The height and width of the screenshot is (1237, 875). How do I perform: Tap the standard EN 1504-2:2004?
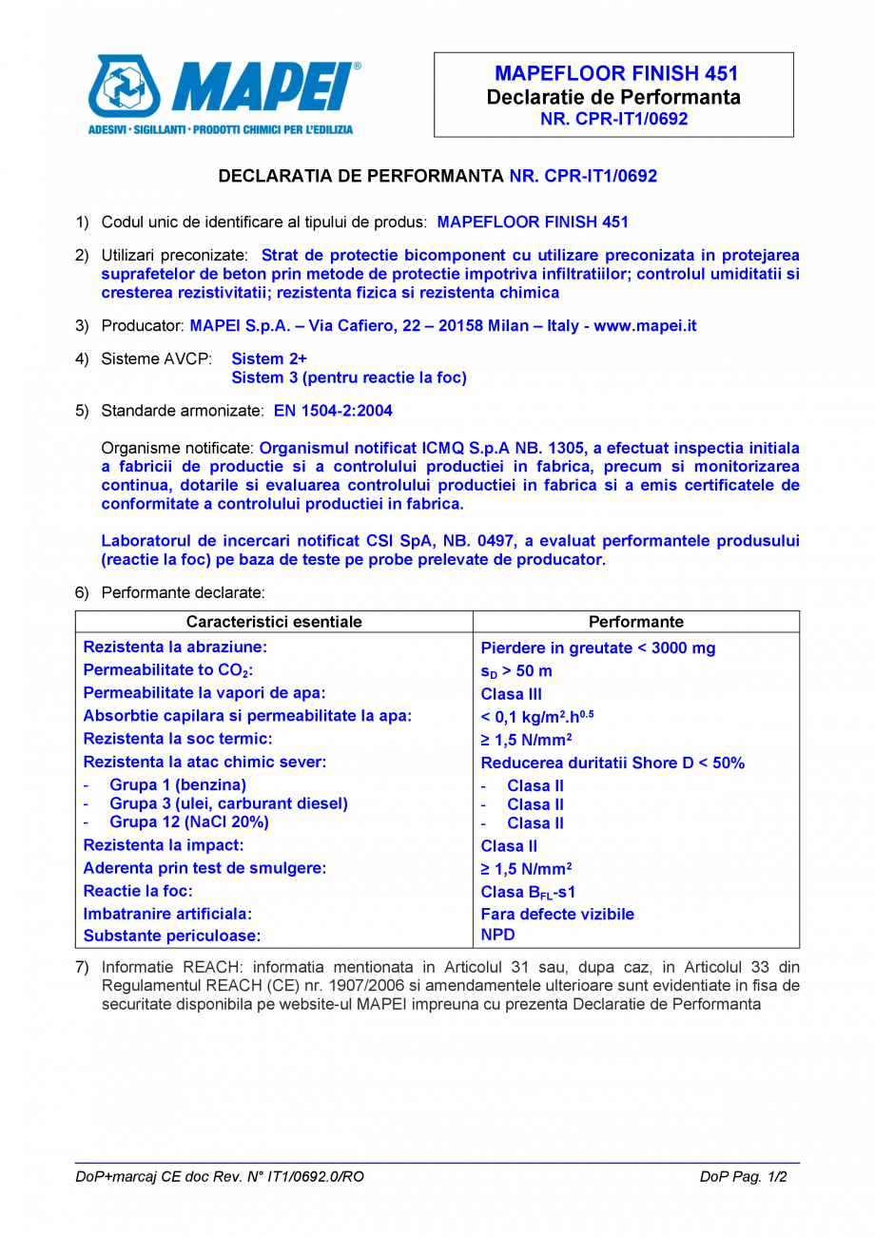point(332,411)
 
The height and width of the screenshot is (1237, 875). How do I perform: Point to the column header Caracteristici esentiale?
point(274,622)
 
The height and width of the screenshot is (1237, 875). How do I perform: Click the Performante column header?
point(636,622)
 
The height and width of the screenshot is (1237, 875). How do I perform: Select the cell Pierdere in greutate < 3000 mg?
point(598,648)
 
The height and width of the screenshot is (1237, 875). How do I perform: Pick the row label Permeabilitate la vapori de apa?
point(205,692)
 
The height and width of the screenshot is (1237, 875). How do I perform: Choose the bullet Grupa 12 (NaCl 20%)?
point(189,821)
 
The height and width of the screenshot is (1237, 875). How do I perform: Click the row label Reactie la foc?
point(139,891)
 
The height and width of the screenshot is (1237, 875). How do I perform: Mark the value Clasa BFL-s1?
point(528,892)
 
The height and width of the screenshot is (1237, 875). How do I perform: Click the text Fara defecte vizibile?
point(557,914)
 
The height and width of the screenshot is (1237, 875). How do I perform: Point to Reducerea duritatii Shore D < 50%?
point(612,763)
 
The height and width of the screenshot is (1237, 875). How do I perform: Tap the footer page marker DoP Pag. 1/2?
point(744,1176)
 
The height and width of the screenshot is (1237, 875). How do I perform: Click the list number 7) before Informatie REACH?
point(82,960)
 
